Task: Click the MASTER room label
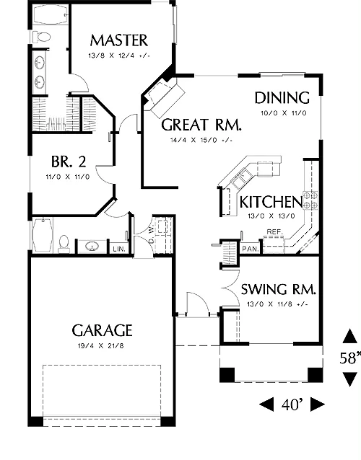(118, 40)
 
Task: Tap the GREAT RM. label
(201, 125)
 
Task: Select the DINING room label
(282, 98)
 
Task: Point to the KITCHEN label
(271, 202)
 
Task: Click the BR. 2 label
(69, 162)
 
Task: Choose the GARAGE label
(102, 331)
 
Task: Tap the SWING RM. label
(279, 290)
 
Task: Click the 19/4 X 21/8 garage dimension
(101, 346)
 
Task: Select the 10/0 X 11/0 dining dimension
(284, 113)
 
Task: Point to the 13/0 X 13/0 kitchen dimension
(271, 216)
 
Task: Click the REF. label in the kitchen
(275, 231)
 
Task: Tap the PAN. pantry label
(251, 249)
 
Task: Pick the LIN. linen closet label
(119, 249)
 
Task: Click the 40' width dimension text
(292, 405)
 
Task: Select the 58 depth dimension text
(350, 358)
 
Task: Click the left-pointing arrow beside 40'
(266, 404)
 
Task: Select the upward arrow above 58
(350, 336)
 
